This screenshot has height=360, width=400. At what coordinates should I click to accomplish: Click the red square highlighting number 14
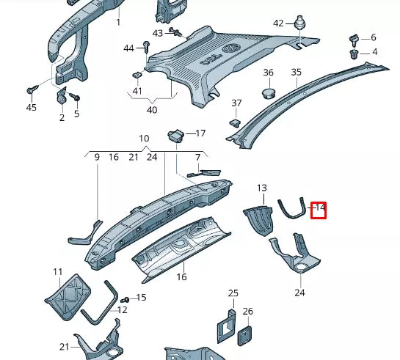pos(319,210)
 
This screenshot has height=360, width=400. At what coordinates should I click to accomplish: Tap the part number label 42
pos(278,23)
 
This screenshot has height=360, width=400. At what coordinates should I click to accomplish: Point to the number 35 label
pos(296,72)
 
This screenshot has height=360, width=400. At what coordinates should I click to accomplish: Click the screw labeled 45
pos(32,89)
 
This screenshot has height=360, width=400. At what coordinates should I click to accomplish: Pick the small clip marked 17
pos(175,135)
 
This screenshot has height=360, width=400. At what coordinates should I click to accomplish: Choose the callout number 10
pos(144,139)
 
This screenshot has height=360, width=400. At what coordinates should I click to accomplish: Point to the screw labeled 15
pos(124,299)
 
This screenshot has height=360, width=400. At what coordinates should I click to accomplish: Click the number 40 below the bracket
pos(152,110)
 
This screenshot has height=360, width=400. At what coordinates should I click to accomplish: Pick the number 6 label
pos(373,37)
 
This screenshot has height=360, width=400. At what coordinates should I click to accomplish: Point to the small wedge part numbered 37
pos(236,122)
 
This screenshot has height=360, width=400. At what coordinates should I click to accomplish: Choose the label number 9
pos(96,157)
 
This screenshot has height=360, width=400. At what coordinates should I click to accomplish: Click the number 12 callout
pos(122,310)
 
